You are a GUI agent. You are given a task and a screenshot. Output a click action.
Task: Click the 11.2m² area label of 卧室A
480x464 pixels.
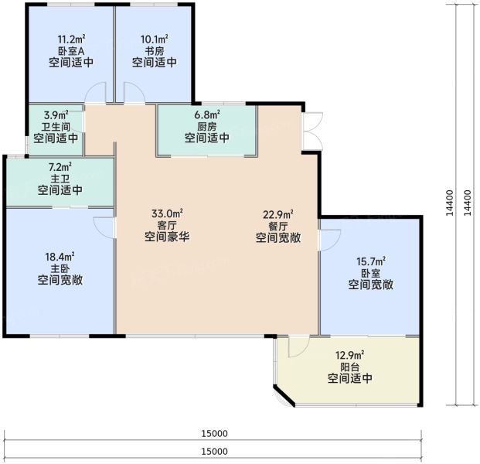pos(71,39)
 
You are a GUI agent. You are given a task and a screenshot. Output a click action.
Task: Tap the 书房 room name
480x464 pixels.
pos(155,51)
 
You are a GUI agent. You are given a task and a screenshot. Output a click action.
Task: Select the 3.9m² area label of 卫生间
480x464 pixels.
pos(56,115)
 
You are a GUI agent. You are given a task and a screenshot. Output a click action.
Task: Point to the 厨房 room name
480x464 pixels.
pos(207,127)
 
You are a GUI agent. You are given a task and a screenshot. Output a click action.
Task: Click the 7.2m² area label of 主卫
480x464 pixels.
pos(60,167)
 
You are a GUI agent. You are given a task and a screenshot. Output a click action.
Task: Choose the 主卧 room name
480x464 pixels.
pos(60,268)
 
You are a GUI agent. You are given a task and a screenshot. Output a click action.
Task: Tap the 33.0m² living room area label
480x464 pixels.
pos(167,213)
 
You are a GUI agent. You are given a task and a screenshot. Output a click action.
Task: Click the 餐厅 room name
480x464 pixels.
pos(278,227)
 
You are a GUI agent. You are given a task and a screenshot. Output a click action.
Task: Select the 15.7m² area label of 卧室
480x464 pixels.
pos(371,261)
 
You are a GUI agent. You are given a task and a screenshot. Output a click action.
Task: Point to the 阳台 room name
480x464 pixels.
pos(350,367)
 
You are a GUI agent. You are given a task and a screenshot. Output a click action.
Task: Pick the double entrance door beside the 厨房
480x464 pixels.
pos(312,131)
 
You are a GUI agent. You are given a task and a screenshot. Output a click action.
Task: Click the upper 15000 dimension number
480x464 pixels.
pos(214,434)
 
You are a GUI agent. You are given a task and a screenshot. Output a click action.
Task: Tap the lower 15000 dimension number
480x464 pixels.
pos(214,452)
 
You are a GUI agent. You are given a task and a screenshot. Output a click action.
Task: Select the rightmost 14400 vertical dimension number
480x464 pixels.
pos(468,203)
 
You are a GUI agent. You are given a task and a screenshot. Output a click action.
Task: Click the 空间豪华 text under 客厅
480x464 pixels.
pos(167,237)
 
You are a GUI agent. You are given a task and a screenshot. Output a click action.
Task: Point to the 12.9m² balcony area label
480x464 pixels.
pos(350,355)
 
